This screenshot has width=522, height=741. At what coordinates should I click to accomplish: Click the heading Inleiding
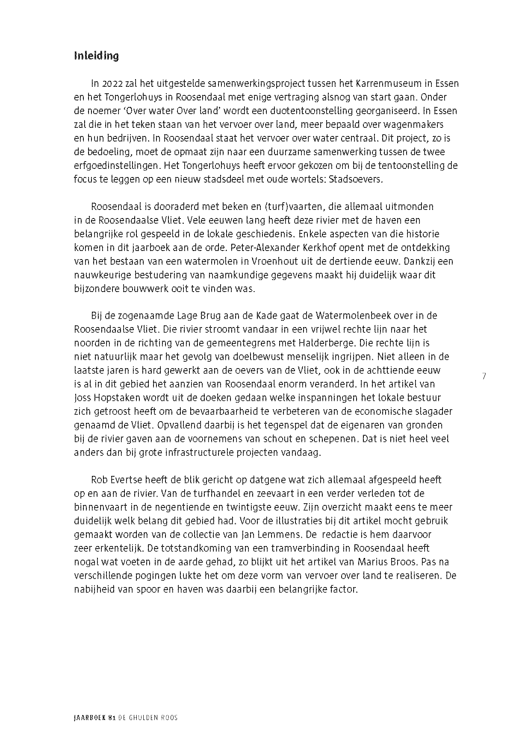tap(96, 56)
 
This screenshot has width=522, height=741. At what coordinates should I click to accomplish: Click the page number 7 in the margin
tap(484, 377)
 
